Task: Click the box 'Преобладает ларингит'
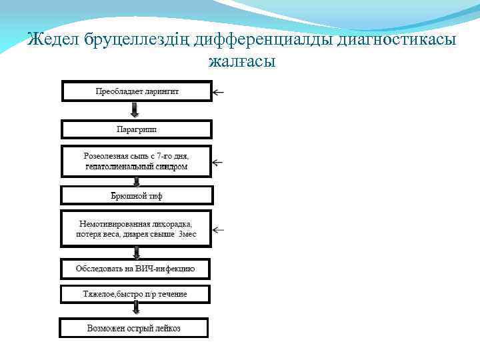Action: pos(136,91)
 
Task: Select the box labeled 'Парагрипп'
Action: pos(137,129)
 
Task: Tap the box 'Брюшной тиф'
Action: pos(137,195)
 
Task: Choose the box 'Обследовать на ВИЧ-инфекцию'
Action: pos(136,269)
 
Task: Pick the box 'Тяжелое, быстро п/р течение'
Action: pos(135,294)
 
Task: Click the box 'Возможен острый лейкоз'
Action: pos(134,328)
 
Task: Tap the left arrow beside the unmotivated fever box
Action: pos(219,230)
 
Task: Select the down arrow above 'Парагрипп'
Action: pos(137,110)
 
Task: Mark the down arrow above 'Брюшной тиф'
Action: pos(137,181)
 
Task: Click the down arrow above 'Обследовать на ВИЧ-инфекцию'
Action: pos(137,252)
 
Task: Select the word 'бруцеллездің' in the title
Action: pos(137,41)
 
